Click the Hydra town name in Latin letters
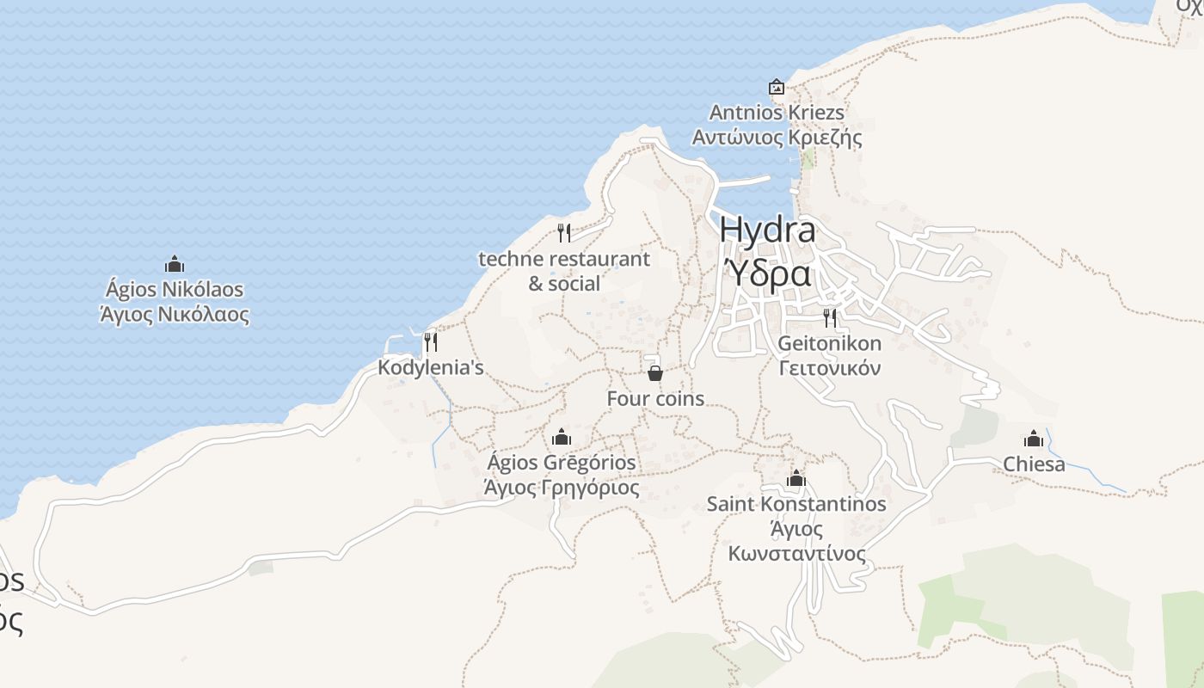point(767,230)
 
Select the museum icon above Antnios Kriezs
point(777,87)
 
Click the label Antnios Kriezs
point(777,113)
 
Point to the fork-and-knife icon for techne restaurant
point(564,232)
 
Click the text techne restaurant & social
point(564,271)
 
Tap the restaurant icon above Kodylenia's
point(431,342)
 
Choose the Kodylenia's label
point(431,368)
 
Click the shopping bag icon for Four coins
point(655,372)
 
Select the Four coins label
point(655,399)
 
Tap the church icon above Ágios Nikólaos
point(175,264)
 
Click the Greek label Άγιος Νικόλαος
point(175,315)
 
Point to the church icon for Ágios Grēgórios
point(562,437)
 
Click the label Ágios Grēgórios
point(562,463)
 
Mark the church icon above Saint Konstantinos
point(796,478)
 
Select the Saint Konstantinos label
point(796,504)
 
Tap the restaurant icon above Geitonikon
point(830,318)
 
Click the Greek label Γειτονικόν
point(830,369)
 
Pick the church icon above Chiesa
point(1034,439)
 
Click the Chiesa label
point(1034,464)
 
